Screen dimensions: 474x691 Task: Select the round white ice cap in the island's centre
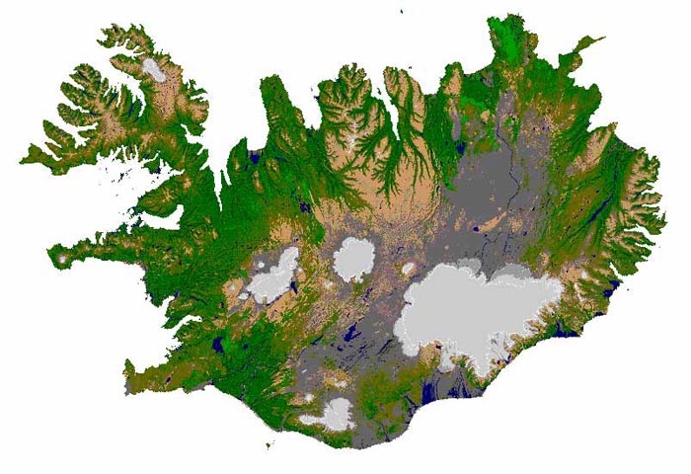coord(352,259)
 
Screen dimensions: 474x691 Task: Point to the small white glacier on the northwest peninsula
coord(154,69)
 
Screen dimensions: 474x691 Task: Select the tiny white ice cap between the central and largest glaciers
coord(408,268)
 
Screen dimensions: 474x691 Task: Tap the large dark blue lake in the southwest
coord(218,346)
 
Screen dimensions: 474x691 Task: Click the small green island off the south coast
coord(269,447)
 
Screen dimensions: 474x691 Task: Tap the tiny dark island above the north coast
coord(402,11)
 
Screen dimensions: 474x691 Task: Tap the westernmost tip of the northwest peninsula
coord(23,156)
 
